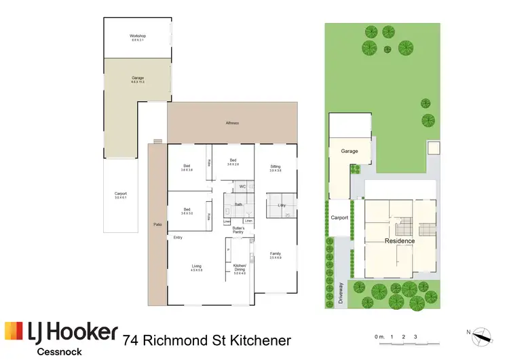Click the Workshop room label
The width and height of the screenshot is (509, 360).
[x=138, y=36]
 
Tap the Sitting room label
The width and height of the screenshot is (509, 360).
[x=275, y=166]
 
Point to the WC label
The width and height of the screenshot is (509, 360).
[x=242, y=186]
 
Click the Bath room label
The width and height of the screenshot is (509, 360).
[x=238, y=204]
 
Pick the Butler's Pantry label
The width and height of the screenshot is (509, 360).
[x=238, y=230]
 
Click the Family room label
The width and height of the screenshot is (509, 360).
[x=275, y=253]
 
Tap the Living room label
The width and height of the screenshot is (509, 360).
[x=196, y=266]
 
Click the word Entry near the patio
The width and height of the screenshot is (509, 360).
[x=178, y=237]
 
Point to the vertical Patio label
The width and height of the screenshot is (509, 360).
[x=157, y=223]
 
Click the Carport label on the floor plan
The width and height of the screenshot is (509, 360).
[x=120, y=194]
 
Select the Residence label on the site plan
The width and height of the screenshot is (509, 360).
[x=400, y=241]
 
